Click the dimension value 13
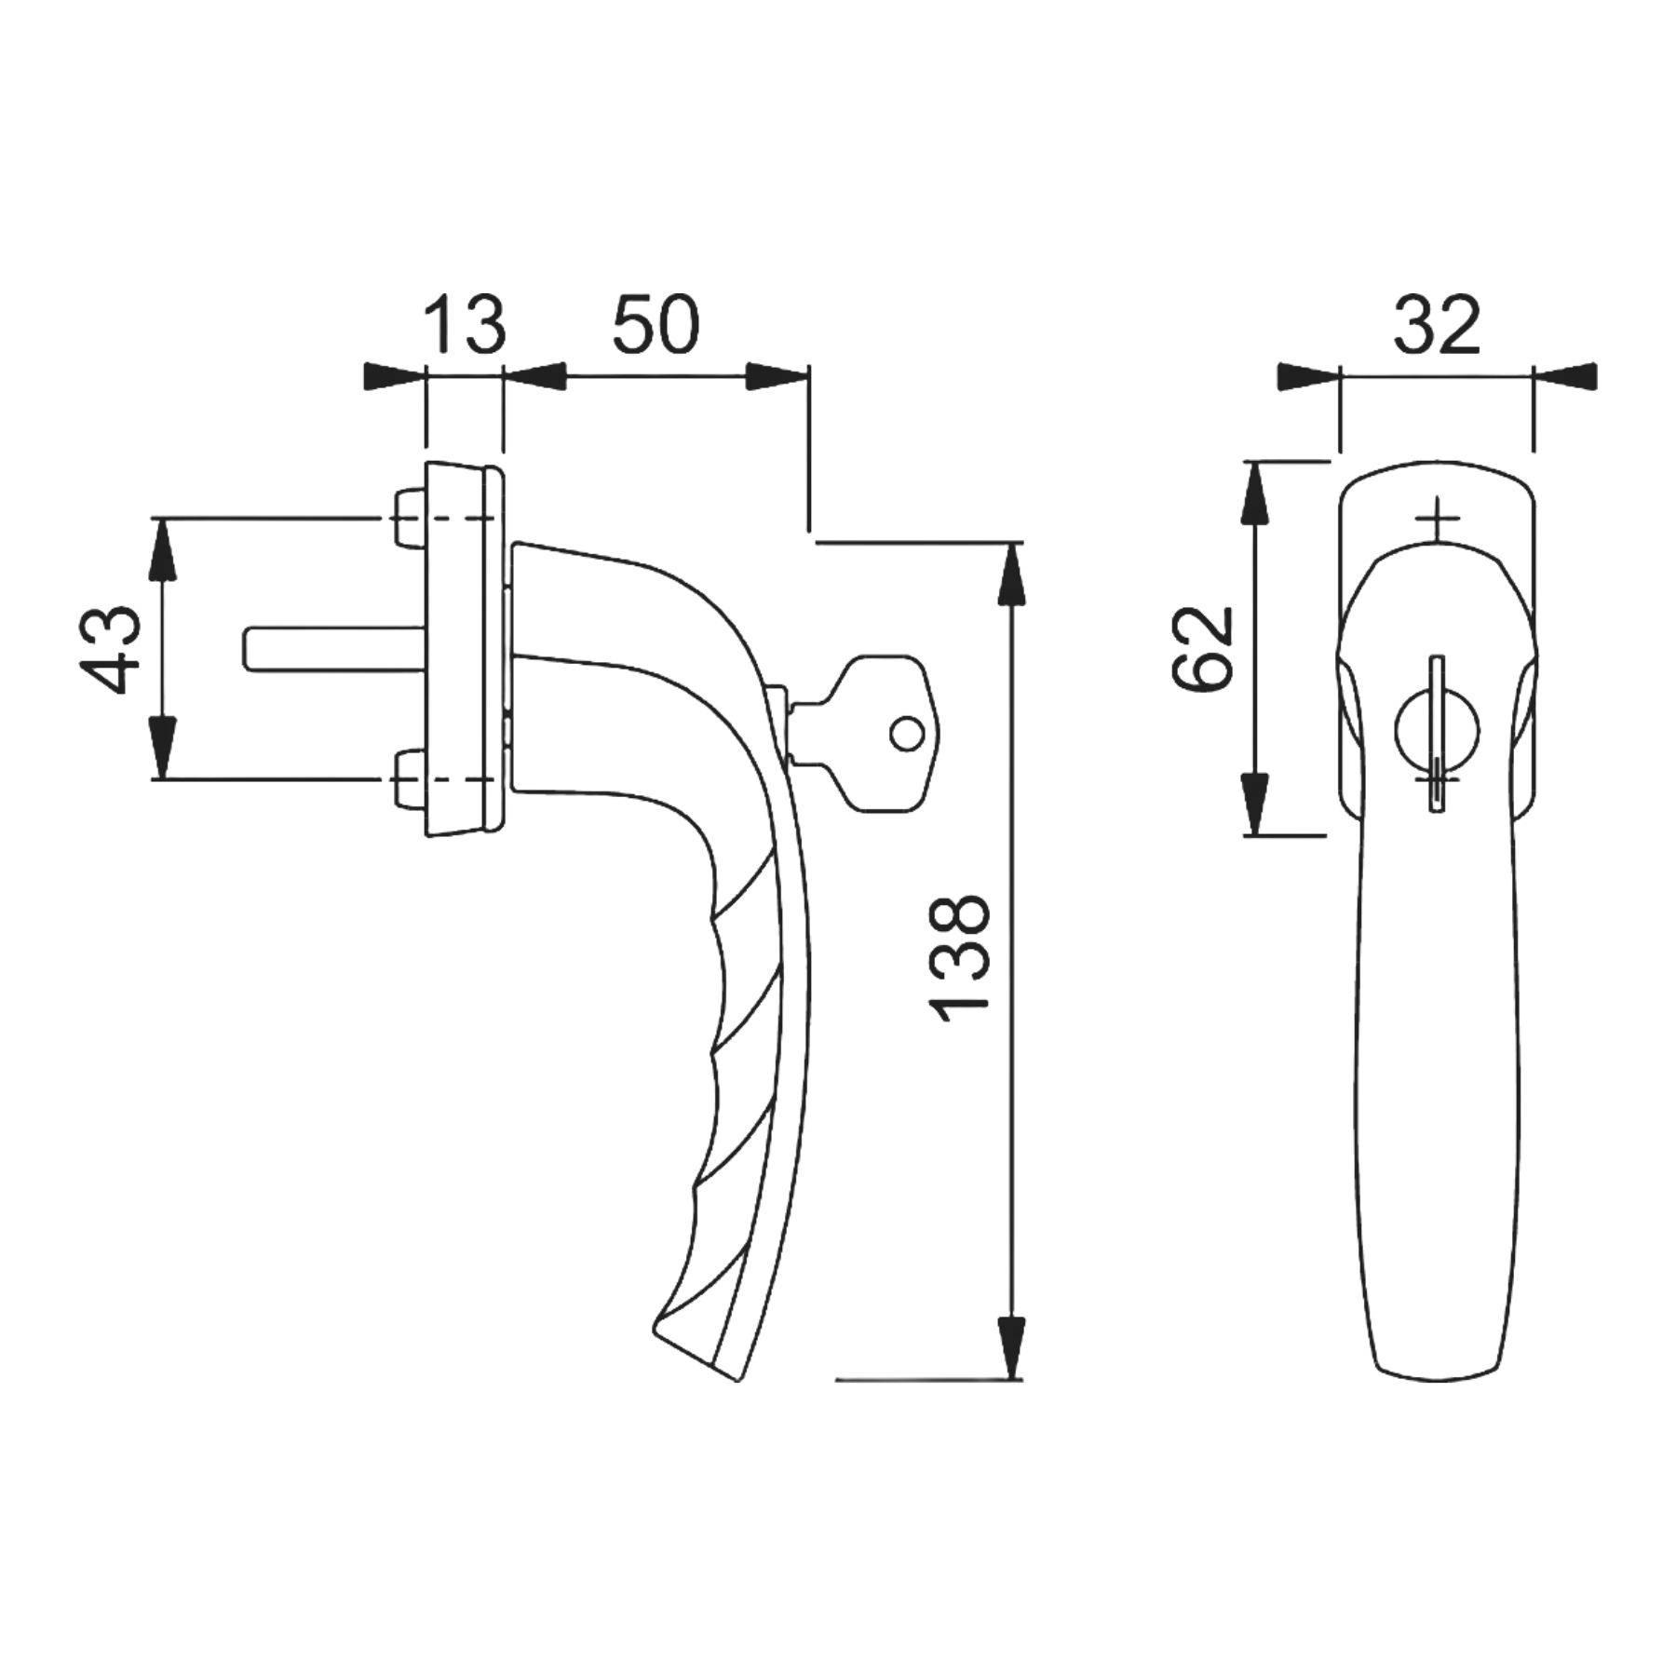click(x=465, y=324)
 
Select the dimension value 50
click(x=655, y=324)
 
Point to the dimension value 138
click(x=959, y=958)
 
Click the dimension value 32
click(x=1436, y=324)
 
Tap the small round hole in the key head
click(x=907, y=734)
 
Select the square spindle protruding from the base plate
click(x=335, y=648)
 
